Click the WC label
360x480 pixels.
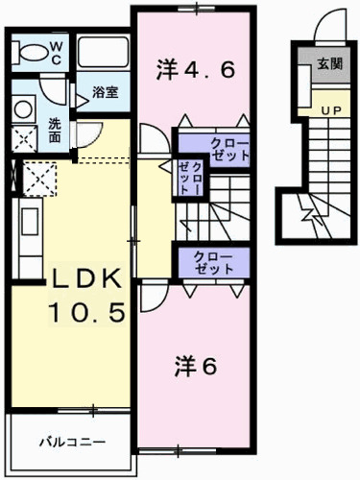pos(56,53)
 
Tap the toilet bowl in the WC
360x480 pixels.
pos(30,52)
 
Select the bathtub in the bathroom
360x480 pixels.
pos(103,52)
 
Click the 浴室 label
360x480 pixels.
pos(106,92)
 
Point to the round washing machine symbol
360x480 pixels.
pos(23,108)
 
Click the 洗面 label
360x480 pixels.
pos(55,131)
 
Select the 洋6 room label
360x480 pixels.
pos(196,367)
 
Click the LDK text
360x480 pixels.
pos(86,278)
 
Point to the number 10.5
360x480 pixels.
pos(86,312)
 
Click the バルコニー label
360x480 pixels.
pos(72,443)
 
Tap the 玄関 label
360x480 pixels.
pos(329,64)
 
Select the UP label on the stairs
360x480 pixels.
pos(331,110)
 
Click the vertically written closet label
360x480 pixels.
pos(190,178)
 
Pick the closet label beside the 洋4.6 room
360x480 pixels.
pos(229,150)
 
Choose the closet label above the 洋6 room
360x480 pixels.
pos(213,263)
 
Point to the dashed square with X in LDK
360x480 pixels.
pos(39,180)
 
